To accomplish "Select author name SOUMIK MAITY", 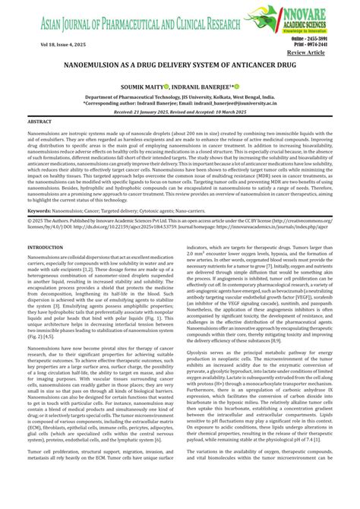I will coord(143,86).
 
